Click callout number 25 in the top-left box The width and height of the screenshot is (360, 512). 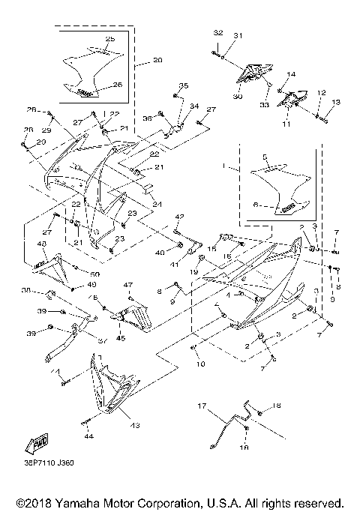[x=109, y=38]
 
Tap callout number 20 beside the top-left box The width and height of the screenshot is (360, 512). [x=157, y=59]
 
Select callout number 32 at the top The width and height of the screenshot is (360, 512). [x=218, y=34]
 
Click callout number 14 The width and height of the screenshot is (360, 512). [x=291, y=74]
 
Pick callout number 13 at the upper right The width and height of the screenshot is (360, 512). [x=335, y=102]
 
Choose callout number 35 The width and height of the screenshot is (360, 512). [x=184, y=86]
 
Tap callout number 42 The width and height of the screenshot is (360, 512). [x=179, y=217]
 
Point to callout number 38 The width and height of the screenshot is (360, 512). [x=47, y=290]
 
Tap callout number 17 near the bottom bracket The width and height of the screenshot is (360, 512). [x=201, y=406]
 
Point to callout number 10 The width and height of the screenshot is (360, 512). [x=200, y=364]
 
